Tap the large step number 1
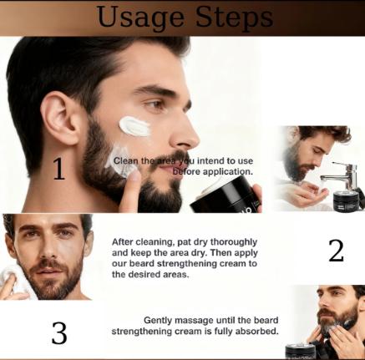(x=58, y=170)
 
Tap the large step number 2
(x=336, y=251)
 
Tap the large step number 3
(x=58, y=333)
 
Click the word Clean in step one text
(x=127, y=160)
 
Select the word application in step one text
(x=228, y=171)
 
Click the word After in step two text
(x=124, y=241)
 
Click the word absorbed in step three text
(x=255, y=331)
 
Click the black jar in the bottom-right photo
(x=300, y=352)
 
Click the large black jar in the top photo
(x=226, y=195)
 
